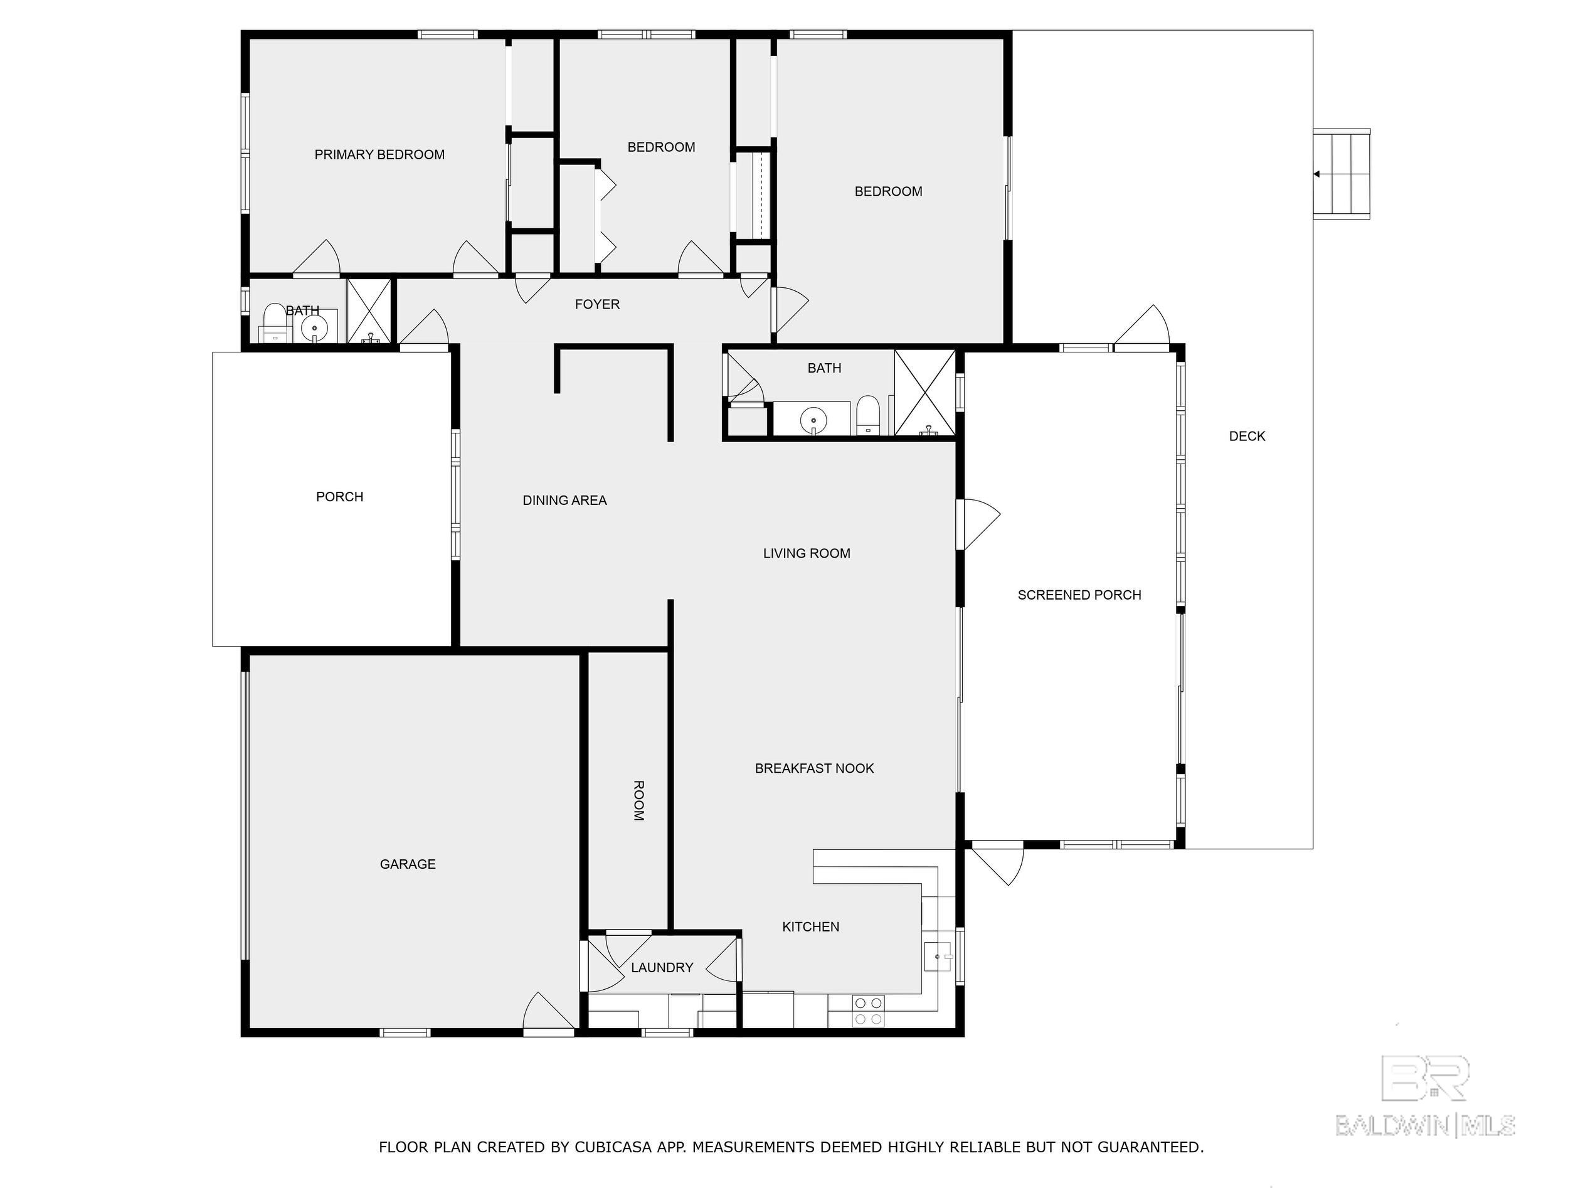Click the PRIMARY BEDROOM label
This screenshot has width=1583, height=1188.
379,154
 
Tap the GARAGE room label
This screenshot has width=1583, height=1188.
408,864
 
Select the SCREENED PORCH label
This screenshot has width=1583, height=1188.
1079,595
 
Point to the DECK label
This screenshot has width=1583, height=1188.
1247,436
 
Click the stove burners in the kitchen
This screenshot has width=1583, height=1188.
868,1011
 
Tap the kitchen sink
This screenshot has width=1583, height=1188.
938,955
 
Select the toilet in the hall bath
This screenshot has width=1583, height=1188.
867,415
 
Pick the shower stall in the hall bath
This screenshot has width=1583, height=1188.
924,392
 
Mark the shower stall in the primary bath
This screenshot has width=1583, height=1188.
369,310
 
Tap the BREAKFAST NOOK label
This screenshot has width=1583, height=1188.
815,768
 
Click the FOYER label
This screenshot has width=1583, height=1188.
597,304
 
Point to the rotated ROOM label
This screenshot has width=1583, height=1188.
639,800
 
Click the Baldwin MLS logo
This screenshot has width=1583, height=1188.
1425,1096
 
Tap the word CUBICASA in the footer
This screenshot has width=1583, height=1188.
613,1147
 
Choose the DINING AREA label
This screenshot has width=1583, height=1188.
564,501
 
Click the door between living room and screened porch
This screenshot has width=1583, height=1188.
978,524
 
